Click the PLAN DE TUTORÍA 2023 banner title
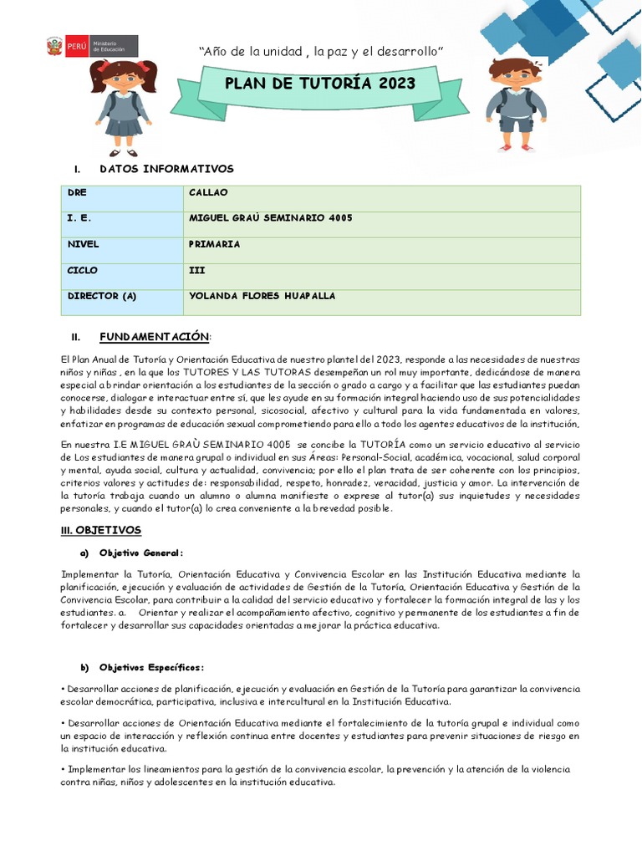pyautogui.click(x=319, y=84)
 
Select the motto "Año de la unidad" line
pyautogui.click(x=320, y=53)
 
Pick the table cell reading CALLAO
pyautogui.click(x=209, y=192)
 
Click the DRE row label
pyautogui.click(x=77, y=192)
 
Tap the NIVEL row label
pyautogui.click(x=83, y=244)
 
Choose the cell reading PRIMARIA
pyautogui.click(x=215, y=244)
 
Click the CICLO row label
pyautogui.click(x=82, y=270)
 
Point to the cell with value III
pyautogui.click(x=197, y=270)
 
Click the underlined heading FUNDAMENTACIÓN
pyautogui.click(x=155, y=336)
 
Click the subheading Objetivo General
pyautogui.click(x=140, y=553)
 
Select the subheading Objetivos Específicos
pyautogui.click(x=151, y=667)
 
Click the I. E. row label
pyautogui.click(x=79, y=218)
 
